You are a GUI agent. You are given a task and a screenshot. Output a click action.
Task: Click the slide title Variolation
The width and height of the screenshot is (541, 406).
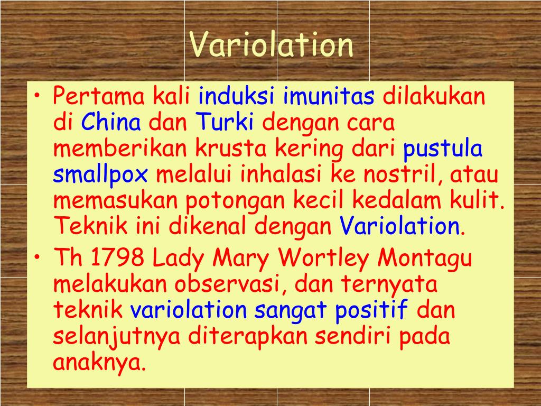(x=272, y=45)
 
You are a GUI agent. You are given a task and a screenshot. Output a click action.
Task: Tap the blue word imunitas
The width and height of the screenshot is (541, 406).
(x=329, y=97)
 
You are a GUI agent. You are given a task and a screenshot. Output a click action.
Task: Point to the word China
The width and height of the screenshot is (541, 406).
(x=111, y=123)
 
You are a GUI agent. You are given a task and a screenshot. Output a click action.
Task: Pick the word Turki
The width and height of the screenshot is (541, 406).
(x=225, y=123)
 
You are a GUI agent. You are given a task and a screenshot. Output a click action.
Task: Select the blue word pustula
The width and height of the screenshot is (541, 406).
(x=443, y=150)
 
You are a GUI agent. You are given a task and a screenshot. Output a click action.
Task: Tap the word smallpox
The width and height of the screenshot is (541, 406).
(x=100, y=176)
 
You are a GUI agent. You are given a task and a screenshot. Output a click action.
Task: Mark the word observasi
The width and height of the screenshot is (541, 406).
(x=227, y=284)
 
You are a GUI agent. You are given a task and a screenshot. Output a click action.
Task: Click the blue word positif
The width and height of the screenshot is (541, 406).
(x=372, y=310)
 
